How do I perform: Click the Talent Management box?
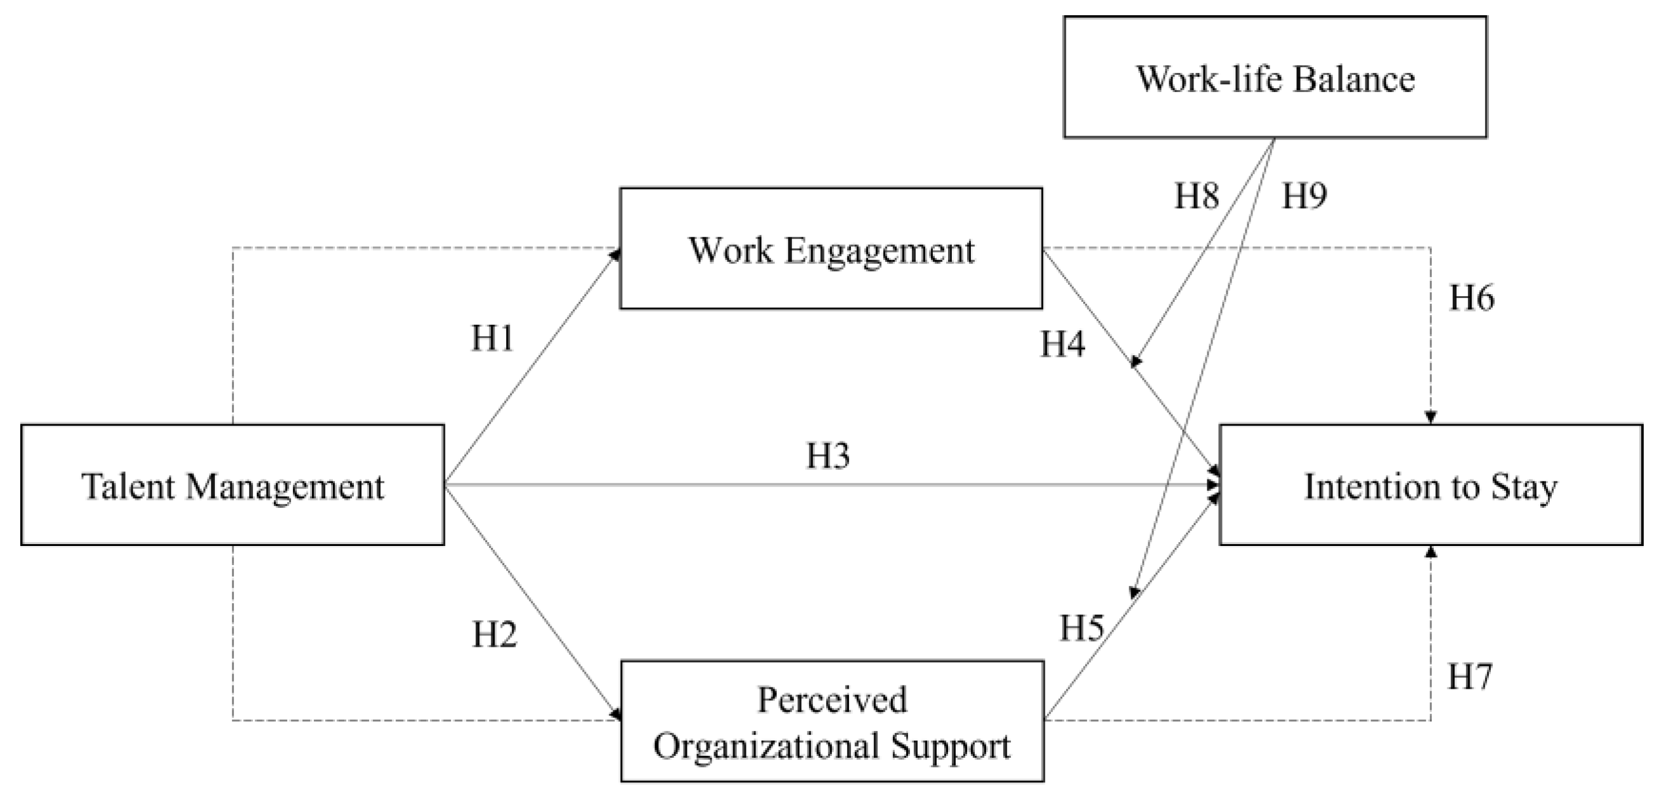tap(233, 484)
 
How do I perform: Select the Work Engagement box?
tap(831, 249)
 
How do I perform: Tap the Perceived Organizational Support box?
tap(832, 721)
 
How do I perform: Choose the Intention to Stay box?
tap(1430, 484)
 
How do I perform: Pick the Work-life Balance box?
tap(1275, 77)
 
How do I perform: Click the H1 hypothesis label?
tap(492, 338)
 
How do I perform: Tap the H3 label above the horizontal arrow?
tap(828, 455)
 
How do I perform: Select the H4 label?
tap(1062, 343)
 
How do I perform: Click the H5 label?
tap(1081, 627)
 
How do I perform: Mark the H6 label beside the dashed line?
tap(1471, 298)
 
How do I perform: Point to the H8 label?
tap(1197, 195)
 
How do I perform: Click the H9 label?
tap(1304, 195)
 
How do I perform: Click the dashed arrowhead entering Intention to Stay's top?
tap(1431, 417)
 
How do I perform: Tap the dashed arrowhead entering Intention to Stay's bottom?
tap(1431, 552)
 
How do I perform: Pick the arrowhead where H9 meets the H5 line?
tap(1134, 592)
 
